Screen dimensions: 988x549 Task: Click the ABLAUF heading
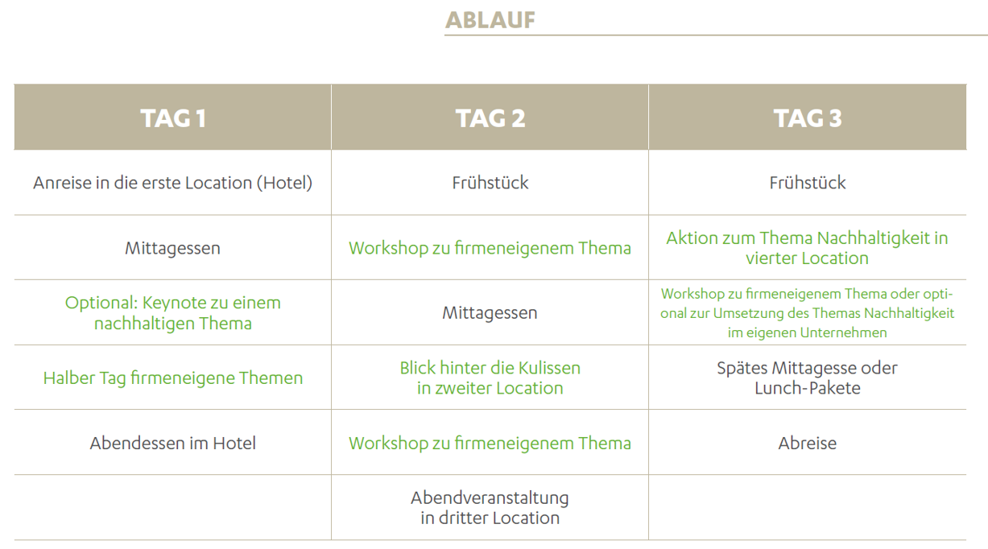click(490, 20)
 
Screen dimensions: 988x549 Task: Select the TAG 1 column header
click(173, 118)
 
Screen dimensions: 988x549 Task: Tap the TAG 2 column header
click(490, 118)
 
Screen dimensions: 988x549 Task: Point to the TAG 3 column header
click(807, 118)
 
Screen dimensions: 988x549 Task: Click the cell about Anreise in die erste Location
click(173, 183)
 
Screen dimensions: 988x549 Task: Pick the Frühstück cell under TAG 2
click(490, 183)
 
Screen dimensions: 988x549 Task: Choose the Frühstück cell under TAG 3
click(807, 183)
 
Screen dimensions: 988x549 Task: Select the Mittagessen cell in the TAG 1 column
click(173, 248)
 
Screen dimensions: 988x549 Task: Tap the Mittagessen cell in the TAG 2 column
click(490, 313)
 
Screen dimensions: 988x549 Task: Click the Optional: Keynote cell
click(173, 313)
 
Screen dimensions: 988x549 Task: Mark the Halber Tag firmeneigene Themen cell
click(173, 378)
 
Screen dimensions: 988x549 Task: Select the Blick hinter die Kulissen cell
click(490, 378)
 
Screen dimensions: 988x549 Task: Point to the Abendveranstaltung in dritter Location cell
click(490, 508)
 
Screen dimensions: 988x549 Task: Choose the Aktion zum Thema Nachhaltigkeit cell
click(807, 248)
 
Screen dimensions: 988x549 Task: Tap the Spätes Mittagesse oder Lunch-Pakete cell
click(807, 378)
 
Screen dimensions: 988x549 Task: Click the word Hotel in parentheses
click(285, 183)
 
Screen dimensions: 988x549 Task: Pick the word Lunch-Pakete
click(807, 388)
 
